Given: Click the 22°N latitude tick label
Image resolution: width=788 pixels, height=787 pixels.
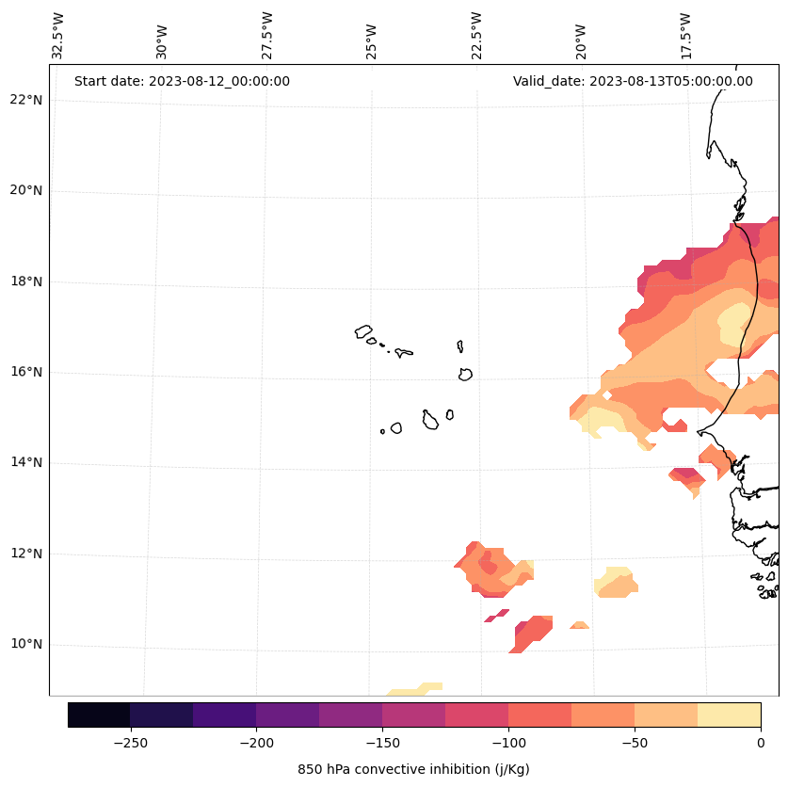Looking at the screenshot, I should point(25,100).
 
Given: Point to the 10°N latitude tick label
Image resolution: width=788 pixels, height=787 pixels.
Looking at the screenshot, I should point(25,645).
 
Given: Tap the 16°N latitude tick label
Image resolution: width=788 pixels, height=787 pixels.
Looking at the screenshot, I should point(25,372).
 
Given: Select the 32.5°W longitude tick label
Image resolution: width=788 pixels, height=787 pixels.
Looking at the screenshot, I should point(58,36).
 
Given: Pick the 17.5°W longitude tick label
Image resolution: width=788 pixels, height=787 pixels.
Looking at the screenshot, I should point(686,36).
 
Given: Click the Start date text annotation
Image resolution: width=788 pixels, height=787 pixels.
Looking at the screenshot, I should point(182,81).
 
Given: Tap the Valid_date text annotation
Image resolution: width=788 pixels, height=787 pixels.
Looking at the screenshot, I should point(633,81).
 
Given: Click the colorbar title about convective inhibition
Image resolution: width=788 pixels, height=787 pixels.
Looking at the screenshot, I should point(413,769).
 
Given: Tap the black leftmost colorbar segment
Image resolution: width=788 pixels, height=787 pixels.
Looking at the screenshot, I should point(99,715).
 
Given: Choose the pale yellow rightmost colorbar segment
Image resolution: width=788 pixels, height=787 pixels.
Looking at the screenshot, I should point(729,715).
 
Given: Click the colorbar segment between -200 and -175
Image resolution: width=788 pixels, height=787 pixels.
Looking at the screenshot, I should point(287,715).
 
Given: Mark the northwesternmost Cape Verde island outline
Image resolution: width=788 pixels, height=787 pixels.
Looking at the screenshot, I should point(363,331).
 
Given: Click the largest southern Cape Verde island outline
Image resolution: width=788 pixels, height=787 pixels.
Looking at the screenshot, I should point(430,420).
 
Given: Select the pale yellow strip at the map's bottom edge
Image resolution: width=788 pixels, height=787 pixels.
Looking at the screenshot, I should point(414,690).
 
